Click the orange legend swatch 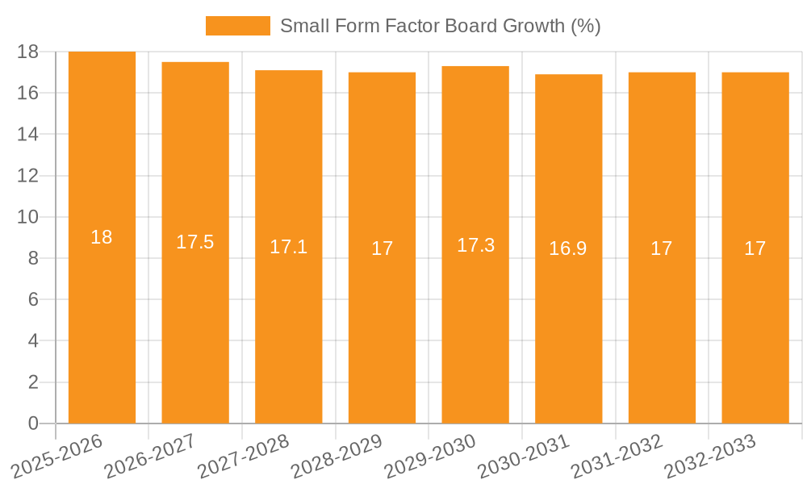coord(238,26)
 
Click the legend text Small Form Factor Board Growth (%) coord(440,26)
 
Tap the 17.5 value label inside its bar coord(194,242)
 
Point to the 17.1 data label coord(288,247)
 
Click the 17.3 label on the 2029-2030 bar coord(475,245)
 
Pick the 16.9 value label coord(568,248)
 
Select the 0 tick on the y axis coord(33,423)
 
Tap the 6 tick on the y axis coord(33,299)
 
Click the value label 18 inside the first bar coord(102,237)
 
